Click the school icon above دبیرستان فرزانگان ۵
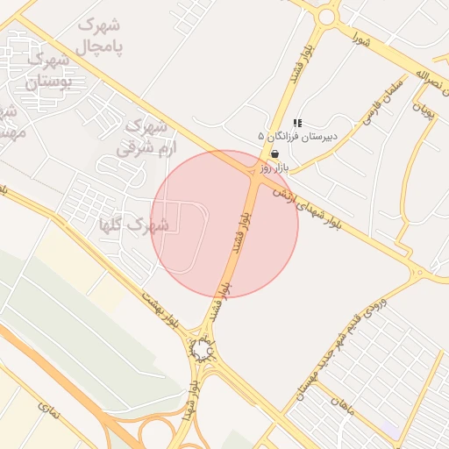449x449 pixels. coord(297,123)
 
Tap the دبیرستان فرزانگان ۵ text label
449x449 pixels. coord(297,137)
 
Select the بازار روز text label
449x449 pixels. coord(274,165)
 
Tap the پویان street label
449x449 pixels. coord(424,110)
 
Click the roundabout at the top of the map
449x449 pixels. coord(328,15)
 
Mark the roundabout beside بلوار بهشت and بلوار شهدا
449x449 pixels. coord(203,353)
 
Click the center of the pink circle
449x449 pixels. coord(224,224)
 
